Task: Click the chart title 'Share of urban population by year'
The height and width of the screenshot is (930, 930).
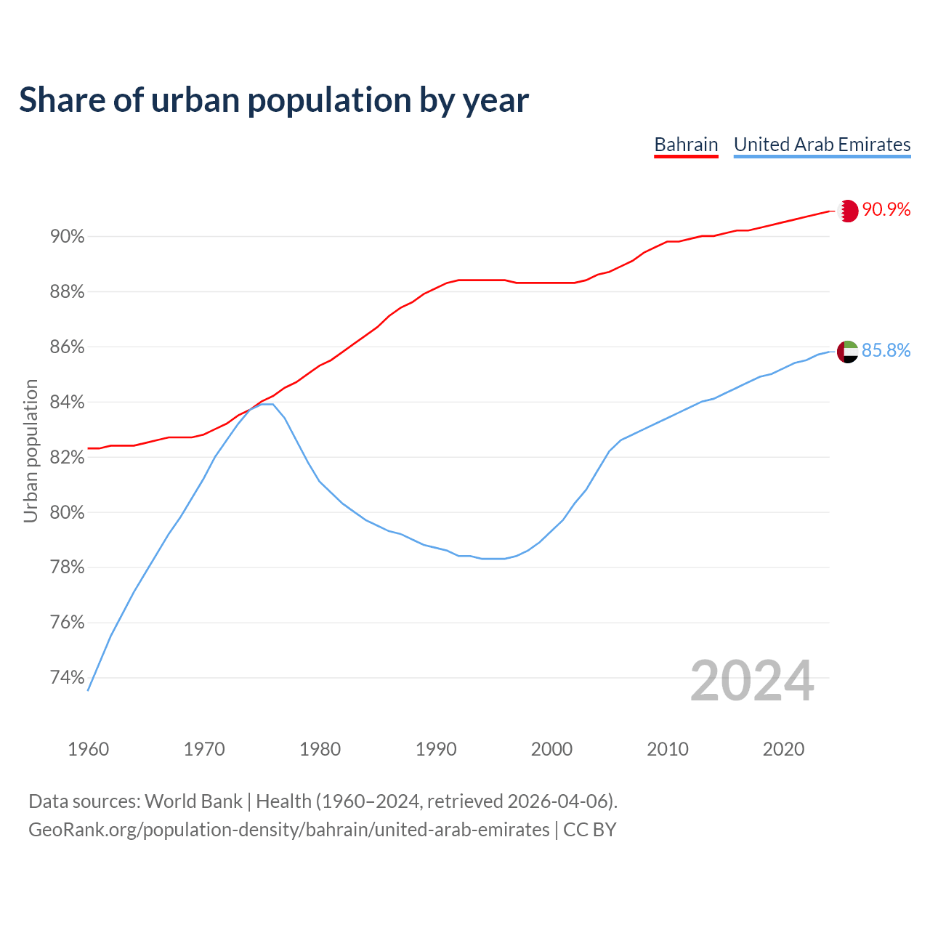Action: click(x=273, y=100)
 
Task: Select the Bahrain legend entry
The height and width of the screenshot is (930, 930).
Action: click(x=686, y=145)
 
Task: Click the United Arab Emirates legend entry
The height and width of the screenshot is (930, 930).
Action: click(x=822, y=145)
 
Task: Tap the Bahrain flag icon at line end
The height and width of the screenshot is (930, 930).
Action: click(x=848, y=211)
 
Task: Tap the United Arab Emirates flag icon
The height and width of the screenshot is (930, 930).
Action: click(x=848, y=352)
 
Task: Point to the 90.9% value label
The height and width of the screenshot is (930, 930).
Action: click(x=886, y=210)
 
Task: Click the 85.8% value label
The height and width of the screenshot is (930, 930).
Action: click(x=886, y=351)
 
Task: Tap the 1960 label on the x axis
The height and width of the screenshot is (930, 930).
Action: click(x=89, y=749)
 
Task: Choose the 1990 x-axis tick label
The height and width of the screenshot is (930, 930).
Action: click(x=436, y=749)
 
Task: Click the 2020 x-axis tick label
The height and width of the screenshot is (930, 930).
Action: click(x=783, y=749)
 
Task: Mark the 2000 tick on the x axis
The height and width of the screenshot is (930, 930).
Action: click(x=551, y=749)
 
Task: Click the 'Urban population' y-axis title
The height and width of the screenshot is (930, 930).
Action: click(x=31, y=450)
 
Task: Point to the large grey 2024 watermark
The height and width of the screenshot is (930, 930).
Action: click(x=751, y=681)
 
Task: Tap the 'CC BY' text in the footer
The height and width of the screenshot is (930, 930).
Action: click(x=590, y=830)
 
